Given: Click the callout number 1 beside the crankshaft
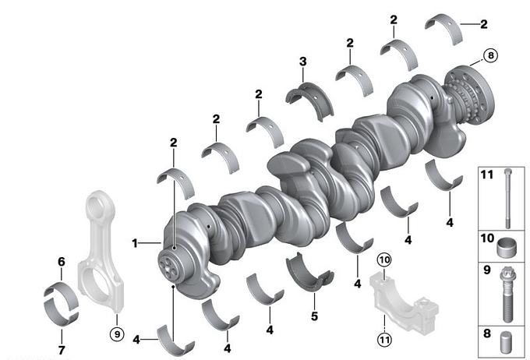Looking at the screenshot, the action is (135, 243).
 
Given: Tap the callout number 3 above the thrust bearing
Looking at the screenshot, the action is (303, 62).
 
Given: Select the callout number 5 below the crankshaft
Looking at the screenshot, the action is (314, 316).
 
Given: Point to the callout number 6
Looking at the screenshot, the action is (61, 261).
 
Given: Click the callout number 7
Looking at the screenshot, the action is (62, 350).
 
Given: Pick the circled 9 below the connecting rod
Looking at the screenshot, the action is (117, 334).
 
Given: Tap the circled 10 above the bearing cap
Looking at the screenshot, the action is (384, 260).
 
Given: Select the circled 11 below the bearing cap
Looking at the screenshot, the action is (385, 339).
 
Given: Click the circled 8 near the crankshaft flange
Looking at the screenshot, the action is (490, 55).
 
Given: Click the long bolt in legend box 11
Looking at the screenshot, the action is (507, 198).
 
